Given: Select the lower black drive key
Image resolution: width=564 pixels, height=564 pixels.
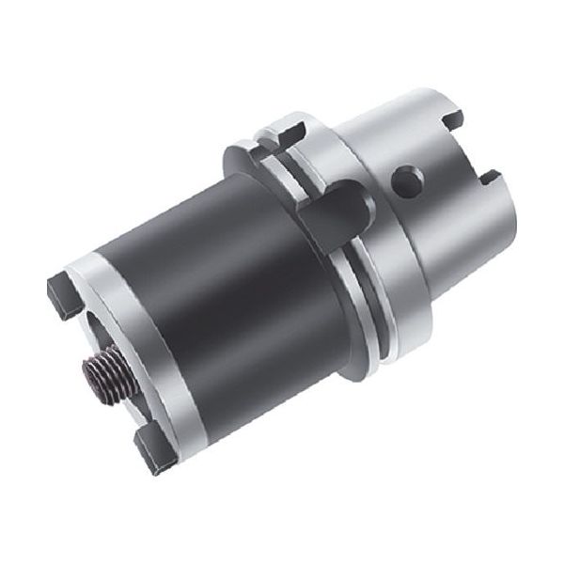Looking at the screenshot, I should [x=150, y=449].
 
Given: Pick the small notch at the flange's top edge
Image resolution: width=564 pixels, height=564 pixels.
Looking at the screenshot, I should [x=293, y=130].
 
